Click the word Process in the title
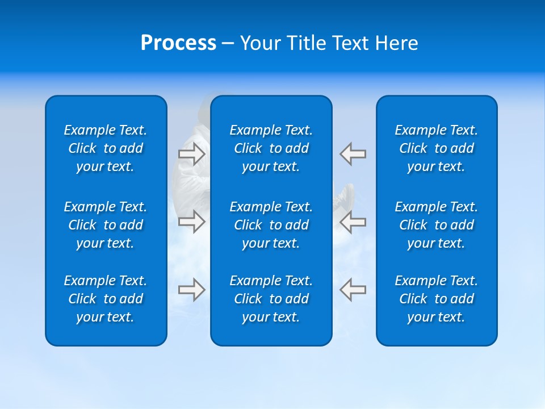[x=178, y=43]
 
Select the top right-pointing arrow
[x=191, y=153]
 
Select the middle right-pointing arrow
[x=191, y=221]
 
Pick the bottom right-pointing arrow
[x=191, y=290]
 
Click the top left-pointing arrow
[x=353, y=153]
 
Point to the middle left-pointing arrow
[x=353, y=221]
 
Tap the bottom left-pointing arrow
[x=353, y=290]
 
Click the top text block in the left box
[x=106, y=148]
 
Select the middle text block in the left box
[x=106, y=225]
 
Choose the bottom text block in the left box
[x=106, y=299]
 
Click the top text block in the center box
[x=271, y=148]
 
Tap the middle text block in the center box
[x=271, y=225]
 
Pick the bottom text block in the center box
[x=271, y=299]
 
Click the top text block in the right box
[x=437, y=148]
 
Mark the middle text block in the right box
[x=437, y=225]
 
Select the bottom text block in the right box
[x=437, y=299]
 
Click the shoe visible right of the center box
[x=346, y=196]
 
